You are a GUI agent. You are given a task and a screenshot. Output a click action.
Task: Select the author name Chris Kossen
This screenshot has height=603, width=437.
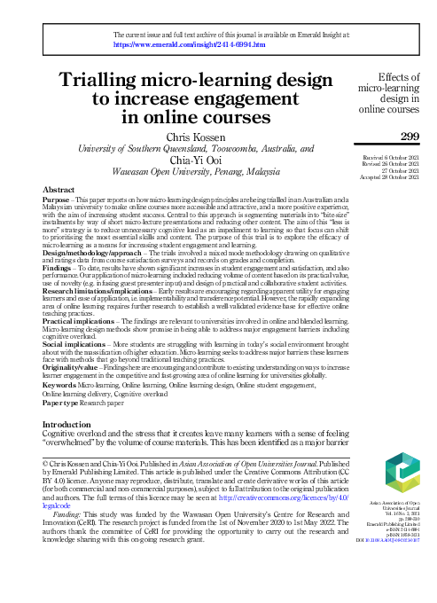pos(191,137)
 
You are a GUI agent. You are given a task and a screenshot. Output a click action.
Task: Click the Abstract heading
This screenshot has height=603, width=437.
pos(59,191)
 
